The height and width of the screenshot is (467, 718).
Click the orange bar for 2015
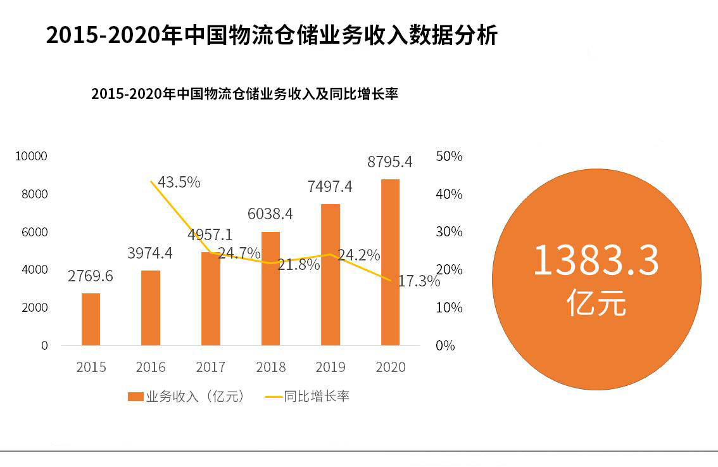pos(91,319)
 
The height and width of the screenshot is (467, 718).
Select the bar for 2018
pos(270,288)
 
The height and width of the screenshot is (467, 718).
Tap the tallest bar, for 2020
pos(390,262)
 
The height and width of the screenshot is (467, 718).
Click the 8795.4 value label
pos(389,162)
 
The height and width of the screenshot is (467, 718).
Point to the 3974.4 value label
pos(149,253)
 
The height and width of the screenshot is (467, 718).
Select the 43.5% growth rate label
pos(179,182)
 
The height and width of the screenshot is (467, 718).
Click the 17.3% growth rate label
pos(419,281)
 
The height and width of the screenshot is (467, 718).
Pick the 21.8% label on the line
pos(299,264)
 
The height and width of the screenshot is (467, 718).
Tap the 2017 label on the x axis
pos(211,367)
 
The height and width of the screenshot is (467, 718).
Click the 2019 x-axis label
pos(331,367)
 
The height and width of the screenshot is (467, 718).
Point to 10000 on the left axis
pos(31,157)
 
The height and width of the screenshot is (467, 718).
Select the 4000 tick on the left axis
pos(34,269)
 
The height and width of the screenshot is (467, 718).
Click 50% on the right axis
pos(449,157)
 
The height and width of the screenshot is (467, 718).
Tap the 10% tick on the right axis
pos(449,307)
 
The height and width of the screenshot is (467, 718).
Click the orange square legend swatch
pos(135,397)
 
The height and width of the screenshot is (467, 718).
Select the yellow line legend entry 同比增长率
pos(307,397)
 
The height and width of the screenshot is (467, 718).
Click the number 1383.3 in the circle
pos(596,260)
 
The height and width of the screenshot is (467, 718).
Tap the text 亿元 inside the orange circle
pos(596,302)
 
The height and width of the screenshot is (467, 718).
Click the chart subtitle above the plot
pos(244,94)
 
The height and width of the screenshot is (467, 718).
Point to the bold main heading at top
pos(272,35)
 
